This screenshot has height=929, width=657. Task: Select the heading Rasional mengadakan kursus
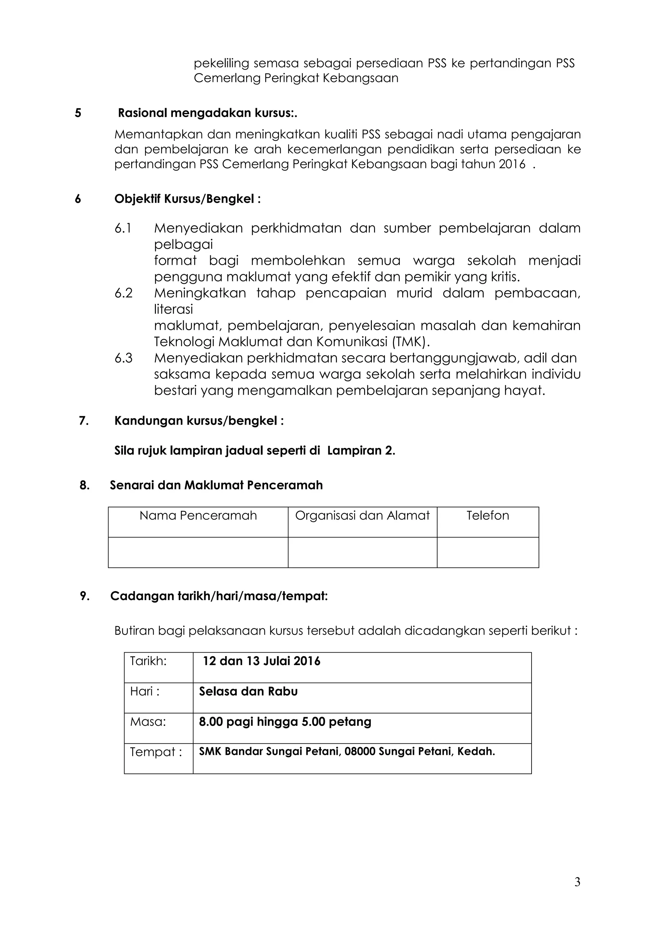(207, 113)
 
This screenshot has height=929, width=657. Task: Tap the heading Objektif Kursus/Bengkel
(187, 199)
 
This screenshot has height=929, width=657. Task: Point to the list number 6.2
(124, 293)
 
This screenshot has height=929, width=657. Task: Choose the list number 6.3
(124, 358)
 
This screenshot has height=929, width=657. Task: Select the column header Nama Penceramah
(198, 515)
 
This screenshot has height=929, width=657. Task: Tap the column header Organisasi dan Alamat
(362, 515)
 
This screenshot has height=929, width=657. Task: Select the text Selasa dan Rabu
(248, 691)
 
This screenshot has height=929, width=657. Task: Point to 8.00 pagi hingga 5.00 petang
(285, 722)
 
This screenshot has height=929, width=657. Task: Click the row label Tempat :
(156, 752)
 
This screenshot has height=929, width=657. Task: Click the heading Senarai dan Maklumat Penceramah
(216, 485)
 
